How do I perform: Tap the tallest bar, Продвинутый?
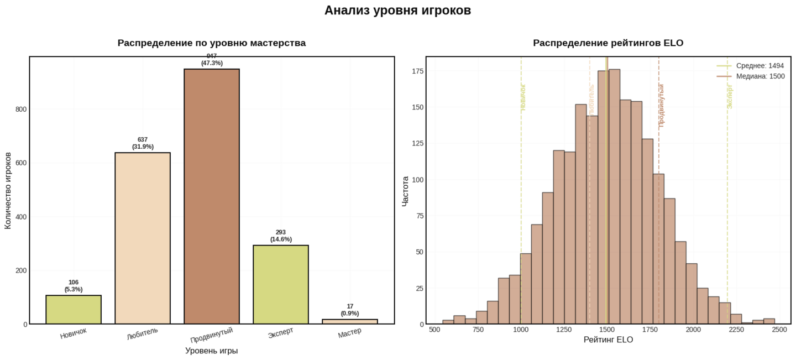tap(212, 196)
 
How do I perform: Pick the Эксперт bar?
tap(281, 284)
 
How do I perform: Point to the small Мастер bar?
tap(350, 321)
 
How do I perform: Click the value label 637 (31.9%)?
tap(143, 143)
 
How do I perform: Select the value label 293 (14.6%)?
tap(281, 236)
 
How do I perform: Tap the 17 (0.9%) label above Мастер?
tap(350, 310)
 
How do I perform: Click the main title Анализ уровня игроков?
tap(397, 11)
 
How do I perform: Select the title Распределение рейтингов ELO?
tap(608, 43)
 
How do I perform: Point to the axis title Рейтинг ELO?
tap(608, 340)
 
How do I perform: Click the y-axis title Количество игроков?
tap(8, 190)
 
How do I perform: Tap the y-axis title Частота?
tap(405, 191)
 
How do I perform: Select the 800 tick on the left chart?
tap(21, 109)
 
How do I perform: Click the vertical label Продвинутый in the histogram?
tap(662, 106)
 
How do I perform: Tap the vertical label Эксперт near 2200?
tap(730, 96)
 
